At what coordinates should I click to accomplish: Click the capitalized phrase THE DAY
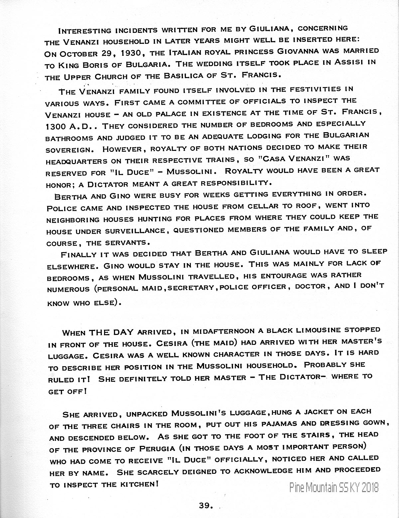click(x=112, y=332)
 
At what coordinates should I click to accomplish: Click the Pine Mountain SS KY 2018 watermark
click(x=334, y=487)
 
